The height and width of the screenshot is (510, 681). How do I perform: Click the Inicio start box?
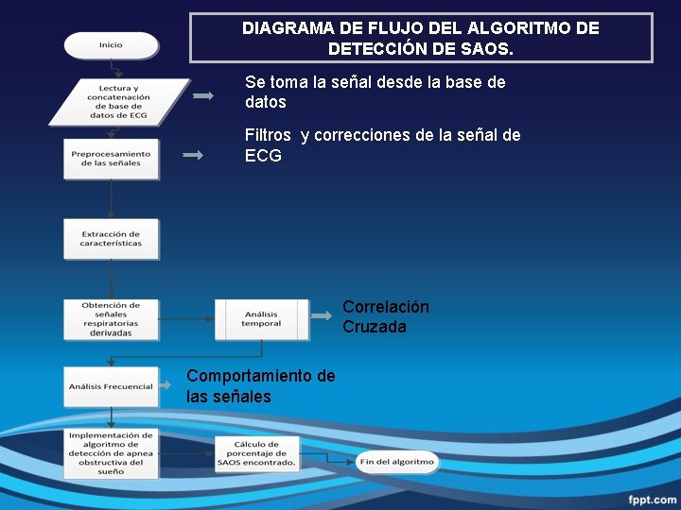(x=111, y=45)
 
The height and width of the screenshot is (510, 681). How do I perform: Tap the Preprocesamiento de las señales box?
(x=111, y=159)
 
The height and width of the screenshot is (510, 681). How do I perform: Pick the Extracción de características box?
(x=111, y=239)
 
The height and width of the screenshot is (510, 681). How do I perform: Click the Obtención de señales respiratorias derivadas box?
(x=111, y=319)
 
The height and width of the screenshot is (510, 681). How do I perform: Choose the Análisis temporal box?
(x=261, y=319)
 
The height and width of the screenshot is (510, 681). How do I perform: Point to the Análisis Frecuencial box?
(x=111, y=386)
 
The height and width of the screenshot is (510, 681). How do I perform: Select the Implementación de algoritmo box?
(x=111, y=453)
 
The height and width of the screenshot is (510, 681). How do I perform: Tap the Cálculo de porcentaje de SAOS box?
(x=256, y=454)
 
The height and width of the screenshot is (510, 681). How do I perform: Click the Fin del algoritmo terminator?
(x=397, y=462)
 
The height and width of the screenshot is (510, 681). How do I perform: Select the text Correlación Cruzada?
(x=385, y=317)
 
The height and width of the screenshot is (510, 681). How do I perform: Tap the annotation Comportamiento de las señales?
(x=260, y=386)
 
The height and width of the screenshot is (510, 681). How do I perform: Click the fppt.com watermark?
(x=653, y=499)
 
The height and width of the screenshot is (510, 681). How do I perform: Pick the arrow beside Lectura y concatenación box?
(x=203, y=95)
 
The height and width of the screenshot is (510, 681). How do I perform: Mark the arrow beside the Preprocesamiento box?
(x=193, y=156)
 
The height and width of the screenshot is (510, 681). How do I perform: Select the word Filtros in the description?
(x=268, y=135)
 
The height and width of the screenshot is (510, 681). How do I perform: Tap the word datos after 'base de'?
(x=265, y=102)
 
